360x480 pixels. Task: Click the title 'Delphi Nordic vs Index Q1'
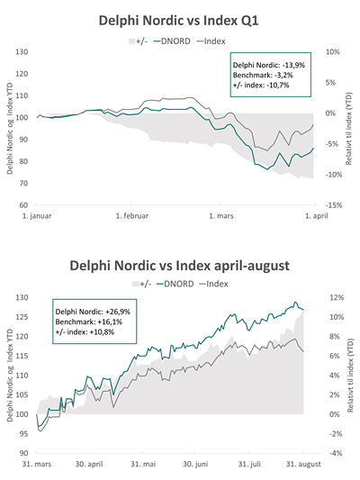[x=179, y=20]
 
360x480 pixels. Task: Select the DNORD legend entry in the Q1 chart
[x=177, y=41]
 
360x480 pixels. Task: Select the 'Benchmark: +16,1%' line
[x=86, y=321]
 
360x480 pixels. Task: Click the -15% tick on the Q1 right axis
[x=332, y=205]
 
